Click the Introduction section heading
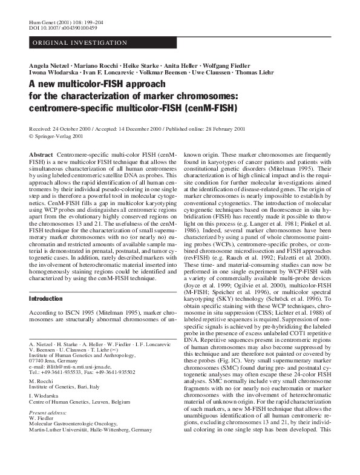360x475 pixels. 46,299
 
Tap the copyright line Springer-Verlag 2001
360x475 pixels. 60,137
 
